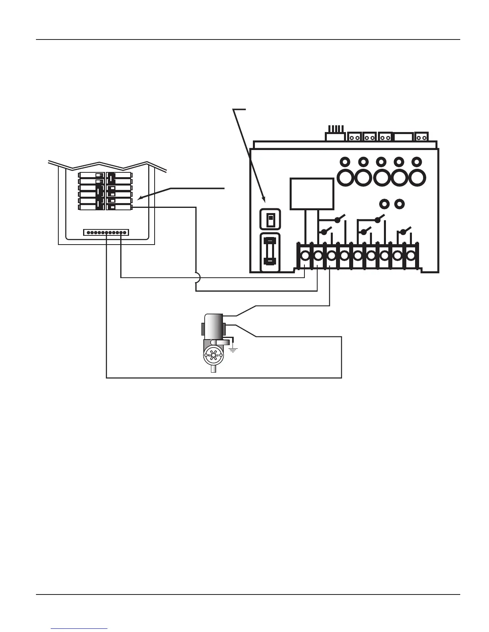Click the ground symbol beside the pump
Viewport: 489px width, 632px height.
[x=233, y=350]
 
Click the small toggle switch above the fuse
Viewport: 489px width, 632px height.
[x=270, y=219]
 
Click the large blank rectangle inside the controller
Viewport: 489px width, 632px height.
[x=312, y=194]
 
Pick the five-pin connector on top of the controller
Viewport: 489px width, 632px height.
[x=334, y=134]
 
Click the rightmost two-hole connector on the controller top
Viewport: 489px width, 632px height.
[x=421, y=138]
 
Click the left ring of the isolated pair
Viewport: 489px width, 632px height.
[x=384, y=204]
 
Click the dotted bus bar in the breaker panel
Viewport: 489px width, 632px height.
[x=106, y=232]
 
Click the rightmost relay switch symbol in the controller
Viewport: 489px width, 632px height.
[x=404, y=231]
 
